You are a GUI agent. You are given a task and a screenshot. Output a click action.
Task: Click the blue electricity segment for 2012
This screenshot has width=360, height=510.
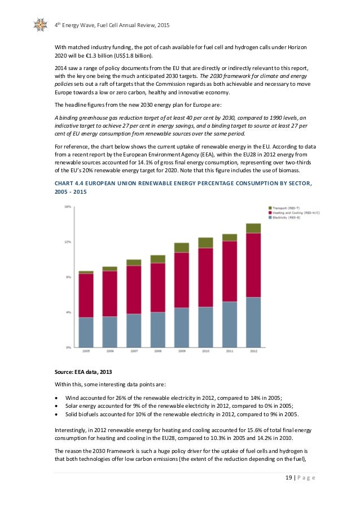coord(253,322)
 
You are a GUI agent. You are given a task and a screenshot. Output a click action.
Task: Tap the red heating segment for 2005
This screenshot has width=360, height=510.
coord(86,295)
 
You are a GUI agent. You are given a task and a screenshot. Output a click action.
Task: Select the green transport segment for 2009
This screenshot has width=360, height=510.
coord(182,247)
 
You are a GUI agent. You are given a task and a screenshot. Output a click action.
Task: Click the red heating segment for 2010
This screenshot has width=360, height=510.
coord(205,277)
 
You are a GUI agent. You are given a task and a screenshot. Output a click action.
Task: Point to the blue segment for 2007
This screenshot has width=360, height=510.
coord(134,330)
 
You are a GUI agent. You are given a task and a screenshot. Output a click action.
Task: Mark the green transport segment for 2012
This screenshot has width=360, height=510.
coord(253,228)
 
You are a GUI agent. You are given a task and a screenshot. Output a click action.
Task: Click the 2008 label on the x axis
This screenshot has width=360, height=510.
coord(157,351)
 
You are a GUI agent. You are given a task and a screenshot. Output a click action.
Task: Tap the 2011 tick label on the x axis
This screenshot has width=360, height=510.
coord(229,351)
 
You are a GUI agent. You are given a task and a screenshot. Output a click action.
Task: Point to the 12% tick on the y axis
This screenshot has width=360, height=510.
coord(67,242)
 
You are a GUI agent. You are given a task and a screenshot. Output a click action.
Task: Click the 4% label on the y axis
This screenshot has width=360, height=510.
coord(67,312)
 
